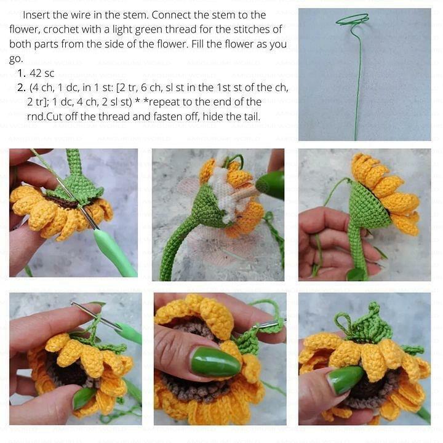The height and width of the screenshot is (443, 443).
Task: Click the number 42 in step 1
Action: [x=35, y=73]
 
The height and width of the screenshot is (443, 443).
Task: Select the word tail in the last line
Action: [x=250, y=116]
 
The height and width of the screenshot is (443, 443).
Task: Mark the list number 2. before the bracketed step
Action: [x=22, y=87]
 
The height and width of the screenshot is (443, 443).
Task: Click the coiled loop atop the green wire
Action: [x=353, y=20]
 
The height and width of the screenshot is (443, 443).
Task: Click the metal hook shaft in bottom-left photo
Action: [x=95, y=315]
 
